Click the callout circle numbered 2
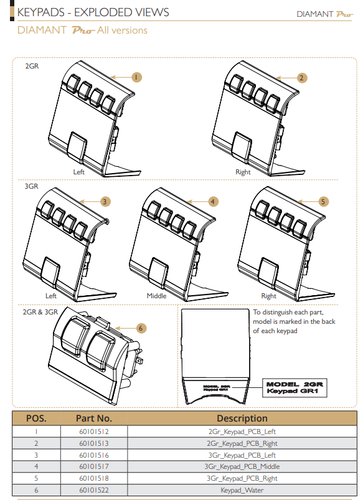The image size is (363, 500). tap(301, 78)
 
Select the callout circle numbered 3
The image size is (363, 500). tap(105, 201)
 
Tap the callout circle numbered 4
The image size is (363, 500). tap(213, 202)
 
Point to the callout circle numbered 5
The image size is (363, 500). tap(323, 202)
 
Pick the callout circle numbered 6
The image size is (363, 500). tap(141, 328)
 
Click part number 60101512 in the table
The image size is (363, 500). tap(93, 431)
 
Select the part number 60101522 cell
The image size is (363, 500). tap(93, 491)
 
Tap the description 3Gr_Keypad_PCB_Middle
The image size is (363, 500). tap(242, 466)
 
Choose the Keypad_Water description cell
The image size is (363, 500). tap(242, 491)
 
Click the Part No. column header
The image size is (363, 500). tap(93, 418)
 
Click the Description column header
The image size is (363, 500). tap(242, 418)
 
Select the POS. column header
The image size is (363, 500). tap(35, 418)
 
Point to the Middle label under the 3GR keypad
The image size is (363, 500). tap(156, 296)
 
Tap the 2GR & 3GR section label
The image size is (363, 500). tap(40, 312)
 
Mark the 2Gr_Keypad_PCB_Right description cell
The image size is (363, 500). tap(242, 443)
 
